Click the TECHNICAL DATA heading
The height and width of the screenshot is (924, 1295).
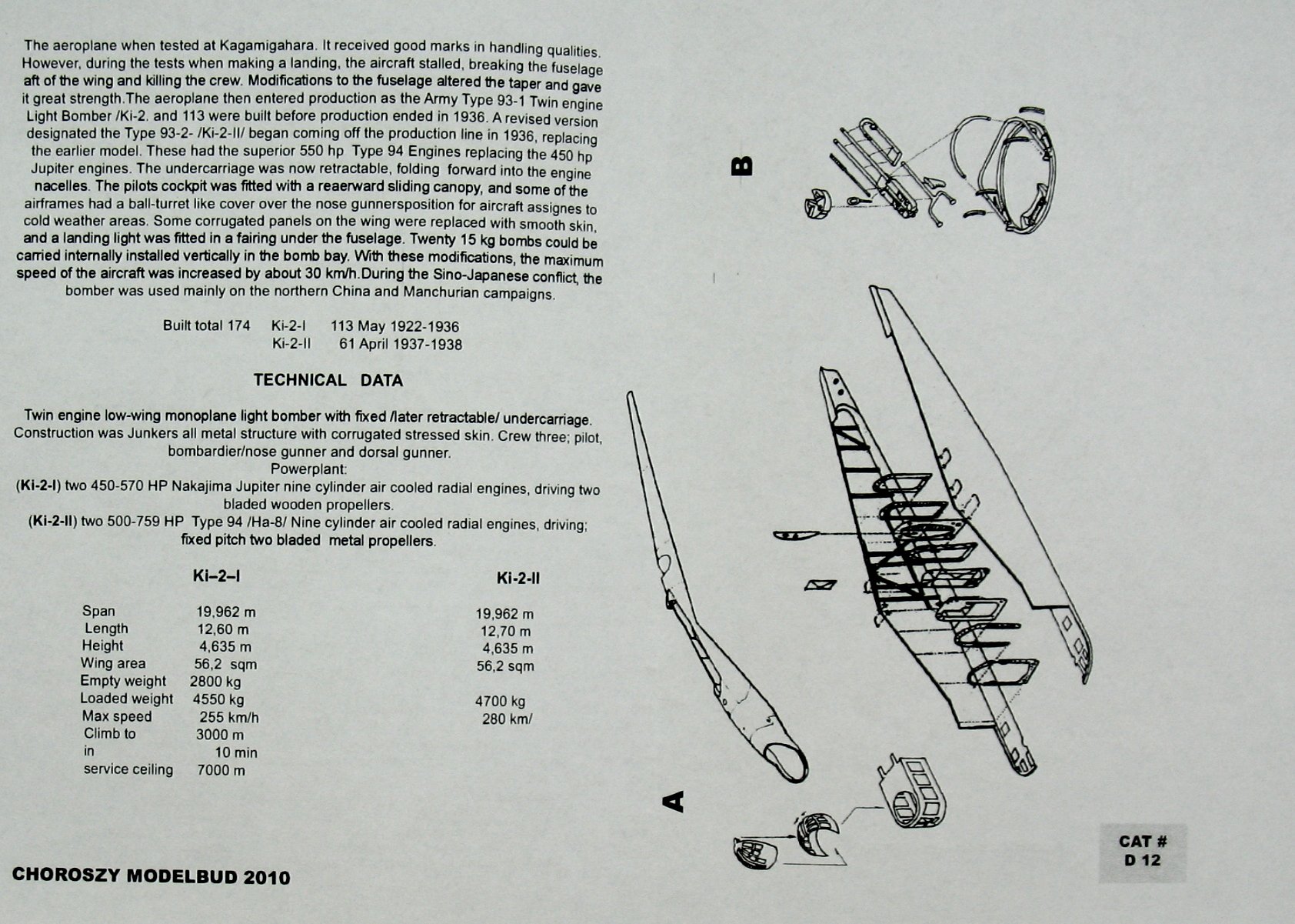point(328,380)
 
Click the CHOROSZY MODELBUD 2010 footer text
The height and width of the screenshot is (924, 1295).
point(151,876)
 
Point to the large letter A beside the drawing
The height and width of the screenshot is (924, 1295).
point(673,802)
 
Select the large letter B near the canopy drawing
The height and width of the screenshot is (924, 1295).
point(742,166)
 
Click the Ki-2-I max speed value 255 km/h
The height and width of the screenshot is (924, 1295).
point(229,718)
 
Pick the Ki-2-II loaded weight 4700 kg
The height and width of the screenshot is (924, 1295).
point(500,702)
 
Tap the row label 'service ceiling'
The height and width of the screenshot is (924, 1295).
point(128,769)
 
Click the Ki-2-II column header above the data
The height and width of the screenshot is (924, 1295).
point(518,579)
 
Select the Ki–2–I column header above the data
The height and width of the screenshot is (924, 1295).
point(216,576)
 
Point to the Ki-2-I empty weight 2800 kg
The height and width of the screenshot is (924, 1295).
point(215,682)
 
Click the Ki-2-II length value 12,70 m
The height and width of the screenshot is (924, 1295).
point(505,632)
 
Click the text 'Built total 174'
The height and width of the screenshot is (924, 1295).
point(206,325)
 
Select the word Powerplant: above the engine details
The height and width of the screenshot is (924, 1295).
point(308,469)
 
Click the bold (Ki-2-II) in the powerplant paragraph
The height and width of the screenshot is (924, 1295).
point(52,521)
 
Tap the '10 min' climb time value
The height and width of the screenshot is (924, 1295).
point(236,752)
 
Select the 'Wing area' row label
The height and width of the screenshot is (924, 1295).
point(113,663)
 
